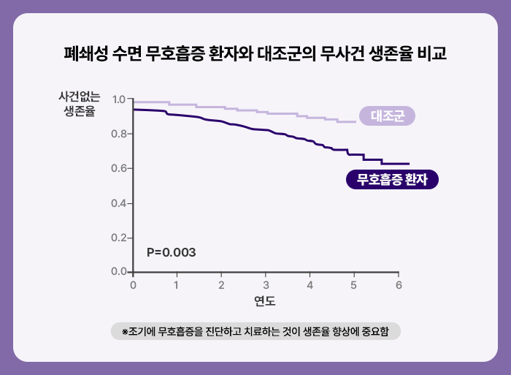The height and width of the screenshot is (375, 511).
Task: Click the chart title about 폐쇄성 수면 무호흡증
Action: (255, 54)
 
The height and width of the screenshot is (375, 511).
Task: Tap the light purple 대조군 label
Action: (387, 115)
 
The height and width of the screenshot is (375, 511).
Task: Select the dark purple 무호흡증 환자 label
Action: (392, 179)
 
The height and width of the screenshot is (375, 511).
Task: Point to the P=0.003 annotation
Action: (171, 252)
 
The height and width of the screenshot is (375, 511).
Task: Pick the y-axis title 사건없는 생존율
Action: (80, 105)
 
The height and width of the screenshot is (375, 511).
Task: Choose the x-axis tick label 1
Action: (177, 284)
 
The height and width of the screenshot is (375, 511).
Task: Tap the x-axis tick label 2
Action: (221, 284)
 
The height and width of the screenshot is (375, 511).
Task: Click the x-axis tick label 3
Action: (266, 284)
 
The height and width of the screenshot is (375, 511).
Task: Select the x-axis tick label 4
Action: (310, 284)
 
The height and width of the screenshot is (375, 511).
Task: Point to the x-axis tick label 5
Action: (354, 284)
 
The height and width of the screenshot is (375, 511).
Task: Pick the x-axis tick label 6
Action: (399, 284)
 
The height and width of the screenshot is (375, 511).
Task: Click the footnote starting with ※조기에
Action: (255, 331)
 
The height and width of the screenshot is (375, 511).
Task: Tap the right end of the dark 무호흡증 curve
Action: (408, 164)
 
